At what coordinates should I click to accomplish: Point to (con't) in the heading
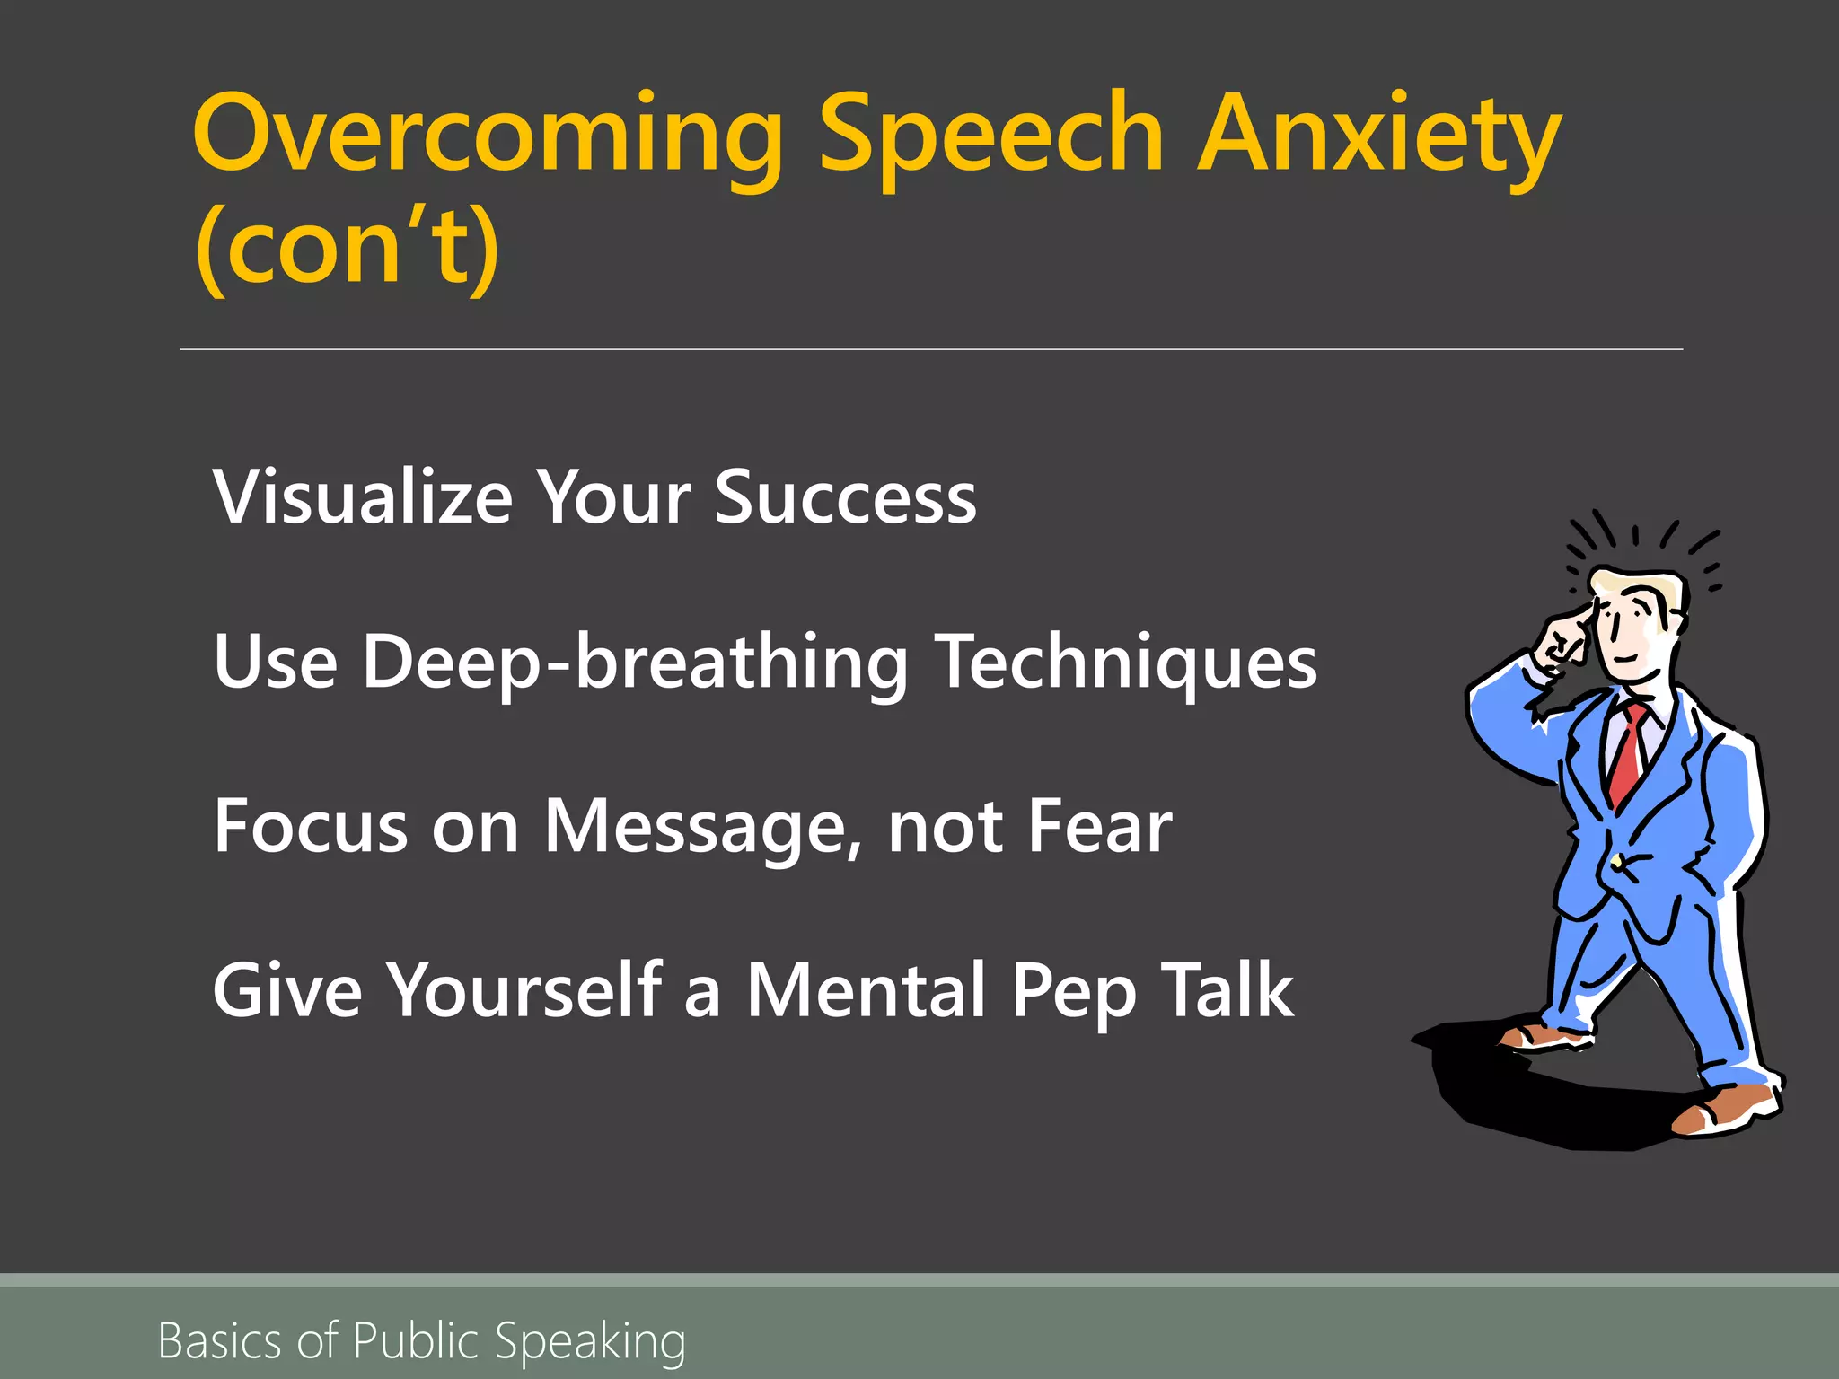pyautogui.click(x=347, y=246)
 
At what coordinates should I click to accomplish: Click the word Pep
pyautogui.click(x=1074, y=992)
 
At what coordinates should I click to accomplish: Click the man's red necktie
pyautogui.click(x=1627, y=754)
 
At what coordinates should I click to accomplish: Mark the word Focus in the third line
pyautogui.click(x=311, y=827)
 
